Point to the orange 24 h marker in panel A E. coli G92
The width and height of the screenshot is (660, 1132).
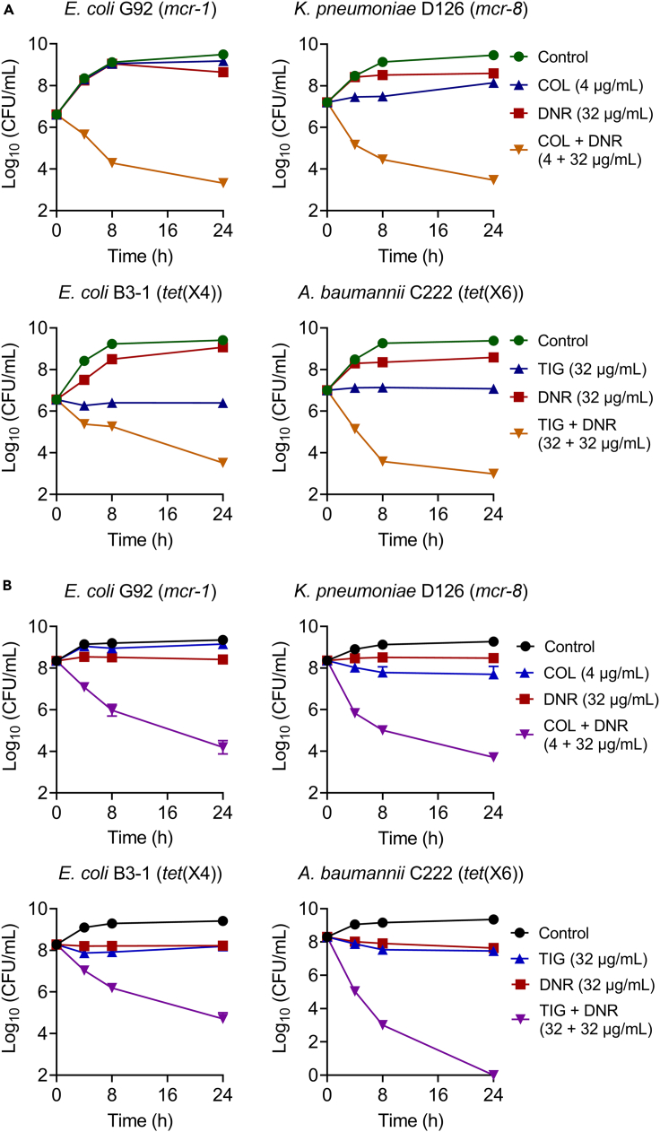pyautogui.click(x=222, y=182)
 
